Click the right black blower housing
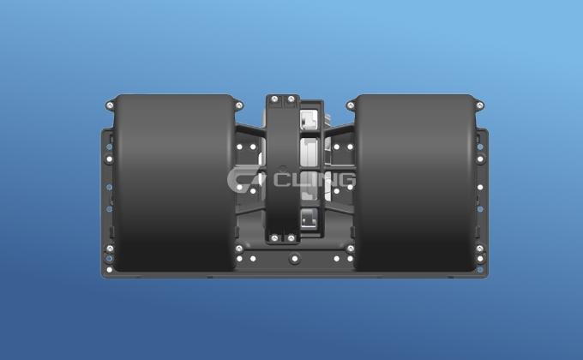pos(415,184)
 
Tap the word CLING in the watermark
pos(312,179)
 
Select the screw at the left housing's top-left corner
pos(110,105)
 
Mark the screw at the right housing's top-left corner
pos(350,105)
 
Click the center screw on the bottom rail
pos(295,258)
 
